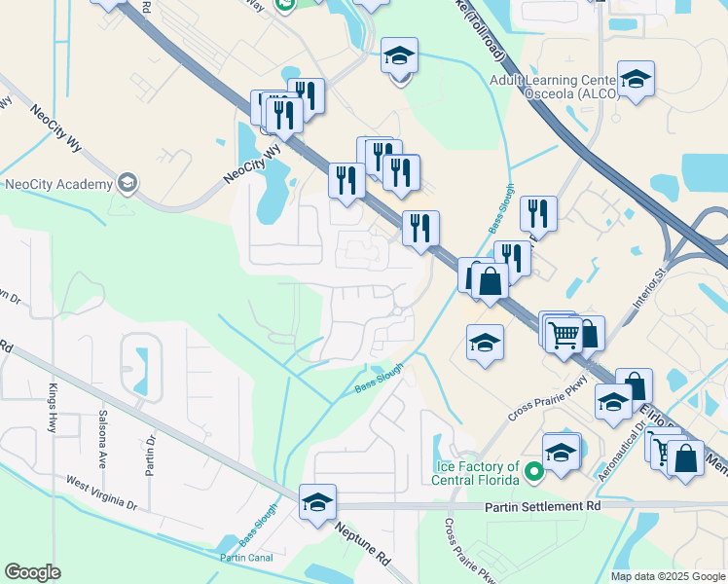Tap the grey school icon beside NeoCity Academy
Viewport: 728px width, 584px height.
pos(127,183)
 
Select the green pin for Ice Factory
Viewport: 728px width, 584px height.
pos(532,473)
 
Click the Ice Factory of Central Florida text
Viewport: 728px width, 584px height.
pos(478,471)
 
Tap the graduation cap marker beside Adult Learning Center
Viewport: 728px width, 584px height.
pos(636,80)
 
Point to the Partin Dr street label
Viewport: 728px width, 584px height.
pos(150,453)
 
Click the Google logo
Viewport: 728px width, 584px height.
pos(33,571)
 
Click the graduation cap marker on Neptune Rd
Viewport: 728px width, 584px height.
pos(317,503)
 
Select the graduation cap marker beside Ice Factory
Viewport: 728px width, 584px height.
pos(562,454)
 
